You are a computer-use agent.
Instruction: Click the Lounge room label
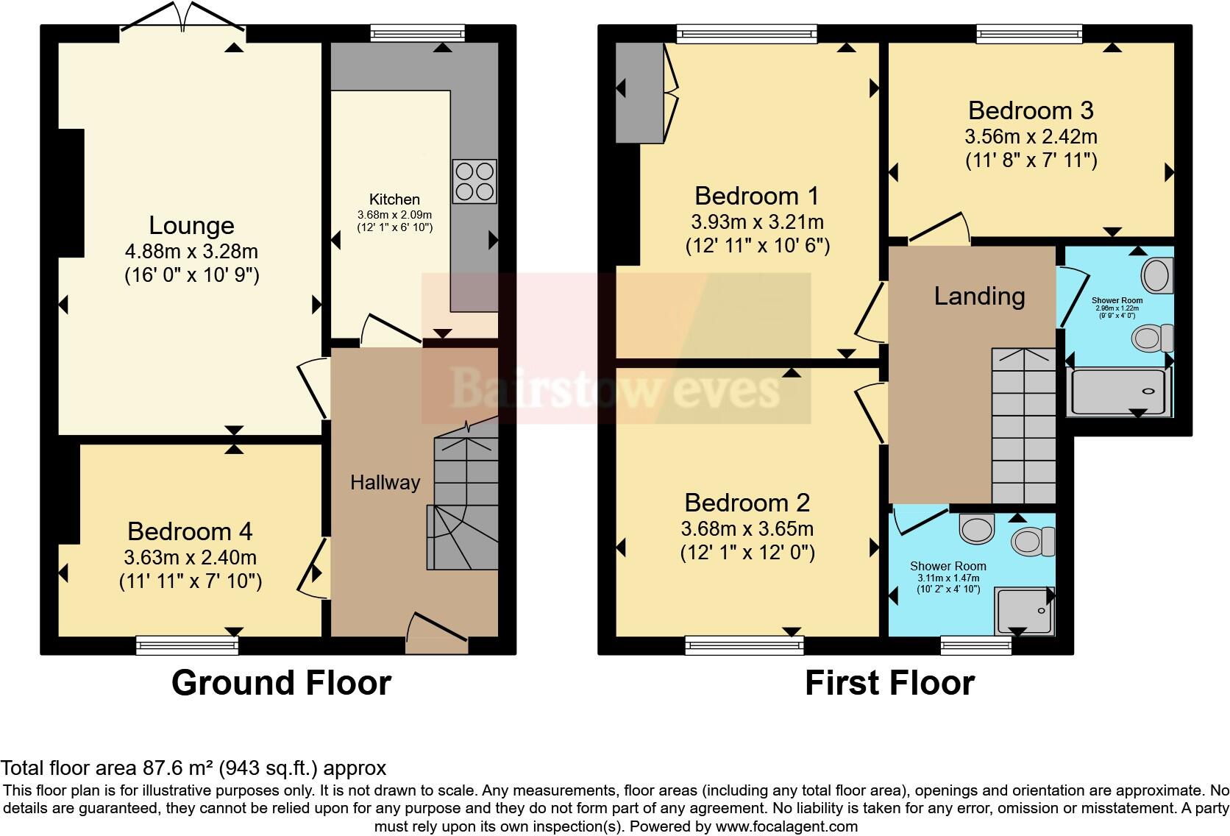[x=191, y=225]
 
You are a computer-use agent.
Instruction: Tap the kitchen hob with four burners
[x=474, y=182]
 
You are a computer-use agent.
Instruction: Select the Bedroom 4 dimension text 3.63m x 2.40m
[x=191, y=557]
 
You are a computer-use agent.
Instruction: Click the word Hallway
[x=385, y=483]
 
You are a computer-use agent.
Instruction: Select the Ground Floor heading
[x=281, y=683]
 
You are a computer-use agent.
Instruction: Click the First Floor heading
[x=889, y=683]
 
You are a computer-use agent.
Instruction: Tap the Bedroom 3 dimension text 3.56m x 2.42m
[x=1031, y=136]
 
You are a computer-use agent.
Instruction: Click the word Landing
[x=979, y=296]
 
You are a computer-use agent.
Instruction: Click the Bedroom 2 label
[x=747, y=503]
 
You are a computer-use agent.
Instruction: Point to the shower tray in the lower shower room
[x=1023, y=611]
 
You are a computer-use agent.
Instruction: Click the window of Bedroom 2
[x=744, y=645]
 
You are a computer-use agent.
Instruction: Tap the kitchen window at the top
[x=418, y=32]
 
